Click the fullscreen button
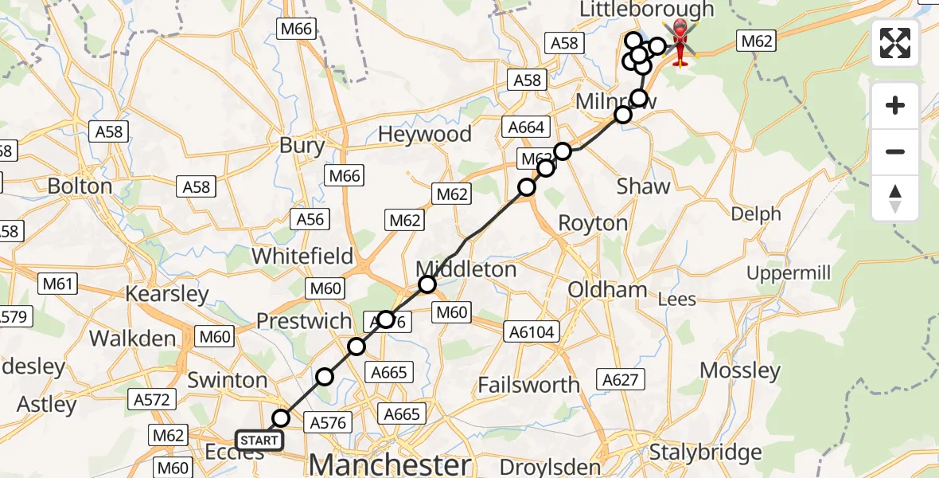click(895, 43)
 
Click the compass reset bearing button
click(895, 198)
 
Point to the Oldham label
click(607, 289)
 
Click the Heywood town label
click(424, 134)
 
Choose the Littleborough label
click(647, 10)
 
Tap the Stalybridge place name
click(705, 453)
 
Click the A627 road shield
click(621, 380)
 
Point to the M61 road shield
click(56, 283)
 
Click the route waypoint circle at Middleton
click(427, 284)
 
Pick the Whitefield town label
click(302, 256)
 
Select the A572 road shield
click(153, 400)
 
